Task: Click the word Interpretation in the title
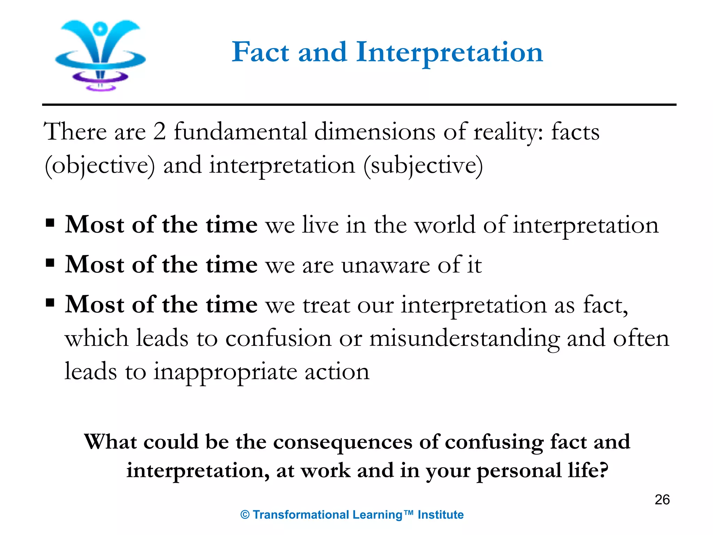[x=449, y=52]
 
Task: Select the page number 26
[x=662, y=499]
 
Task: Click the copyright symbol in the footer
[x=245, y=515]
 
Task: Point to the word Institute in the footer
[x=440, y=514]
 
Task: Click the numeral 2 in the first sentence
[x=159, y=132]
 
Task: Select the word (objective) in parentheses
[x=100, y=166]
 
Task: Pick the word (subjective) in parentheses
[x=423, y=166]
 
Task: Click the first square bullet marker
[x=50, y=222]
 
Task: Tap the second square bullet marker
[x=50, y=262]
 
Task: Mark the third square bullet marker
[x=50, y=302]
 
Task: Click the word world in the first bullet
[x=445, y=225]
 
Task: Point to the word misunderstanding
[x=464, y=339]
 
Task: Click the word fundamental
[x=241, y=132]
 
